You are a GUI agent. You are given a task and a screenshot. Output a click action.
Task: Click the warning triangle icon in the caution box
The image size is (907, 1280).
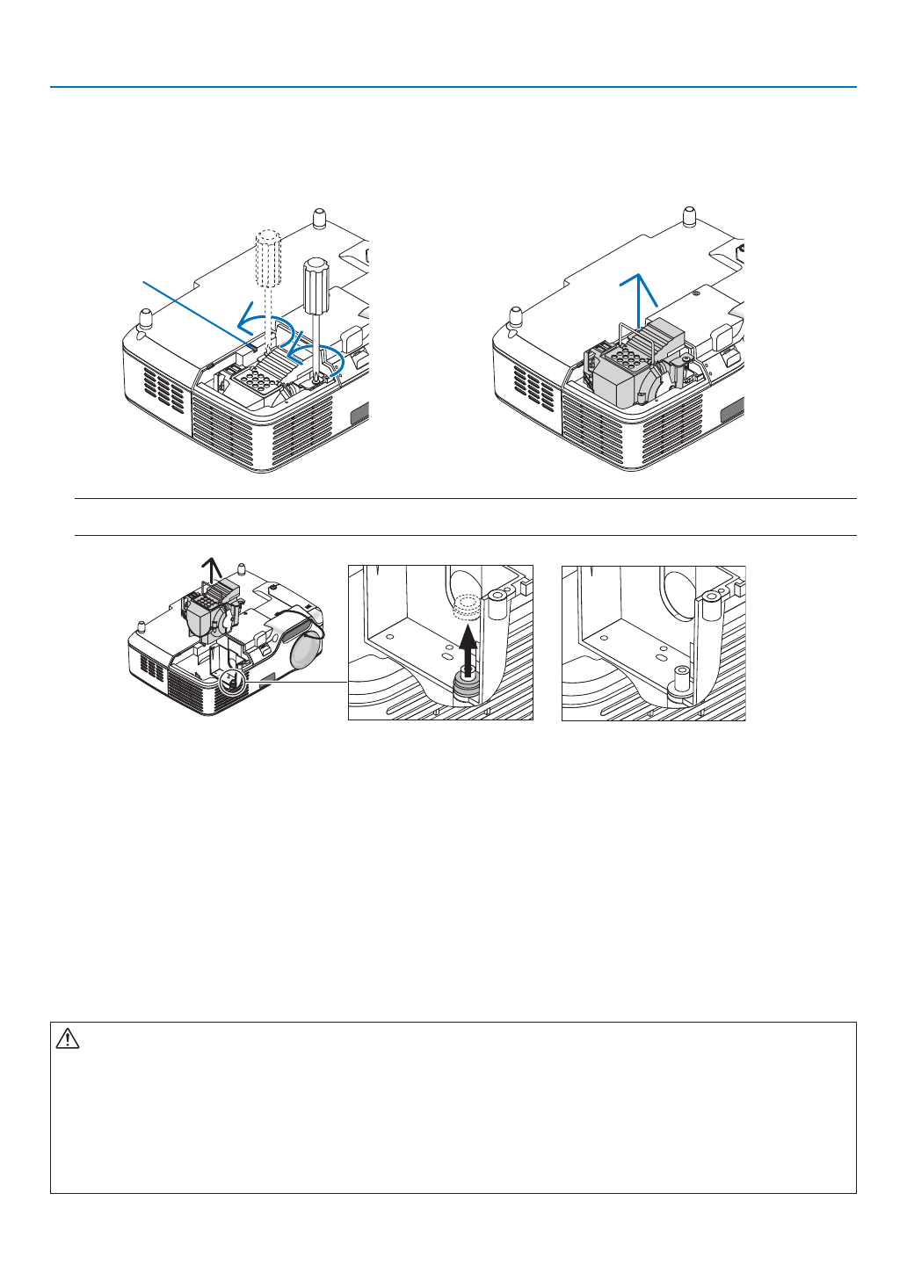[68, 1039]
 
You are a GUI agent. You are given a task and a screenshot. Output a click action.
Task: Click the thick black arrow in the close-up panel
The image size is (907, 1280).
[468, 647]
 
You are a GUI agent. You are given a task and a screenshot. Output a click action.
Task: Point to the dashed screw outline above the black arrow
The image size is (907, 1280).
[465, 607]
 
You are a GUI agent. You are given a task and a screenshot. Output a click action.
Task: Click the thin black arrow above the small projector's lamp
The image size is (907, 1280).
[207, 571]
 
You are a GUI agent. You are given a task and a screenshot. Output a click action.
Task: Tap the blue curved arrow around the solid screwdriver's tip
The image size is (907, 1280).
[318, 356]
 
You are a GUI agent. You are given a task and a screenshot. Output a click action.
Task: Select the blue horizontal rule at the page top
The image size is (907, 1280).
[453, 87]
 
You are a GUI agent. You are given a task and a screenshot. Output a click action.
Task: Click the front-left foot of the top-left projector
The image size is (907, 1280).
[144, 315]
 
